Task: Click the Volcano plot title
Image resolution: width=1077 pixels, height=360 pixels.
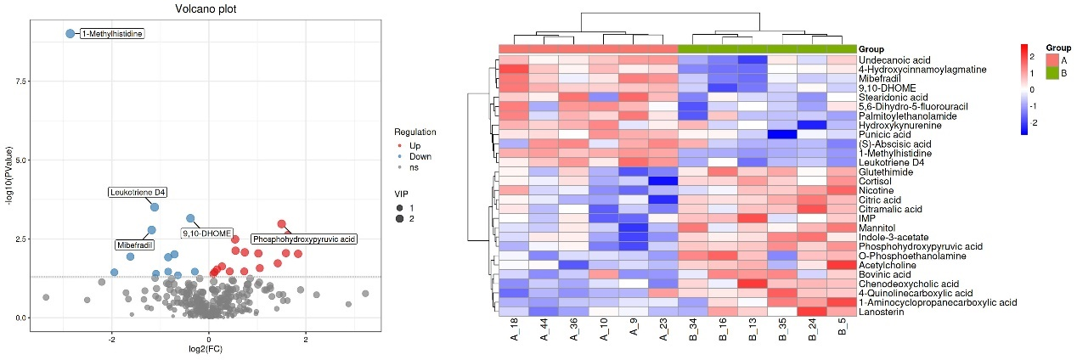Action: point(206,9)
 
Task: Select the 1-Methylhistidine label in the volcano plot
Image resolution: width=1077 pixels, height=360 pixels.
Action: point(111,34)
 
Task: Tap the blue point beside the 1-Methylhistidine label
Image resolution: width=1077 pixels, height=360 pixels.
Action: point(70,33)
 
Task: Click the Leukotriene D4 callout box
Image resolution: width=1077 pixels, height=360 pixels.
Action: point(138,193)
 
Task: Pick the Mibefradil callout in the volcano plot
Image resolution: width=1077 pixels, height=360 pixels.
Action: point(134,245)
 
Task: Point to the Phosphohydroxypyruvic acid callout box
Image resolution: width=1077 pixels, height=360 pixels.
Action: point(304,239)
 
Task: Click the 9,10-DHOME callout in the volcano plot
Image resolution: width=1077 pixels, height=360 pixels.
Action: point(207,233)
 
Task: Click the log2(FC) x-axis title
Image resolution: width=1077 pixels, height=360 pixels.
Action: point(208,348)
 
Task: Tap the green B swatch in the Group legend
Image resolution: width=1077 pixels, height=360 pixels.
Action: point(1052,74)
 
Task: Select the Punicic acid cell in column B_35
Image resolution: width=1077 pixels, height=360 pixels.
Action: point(782,134)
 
